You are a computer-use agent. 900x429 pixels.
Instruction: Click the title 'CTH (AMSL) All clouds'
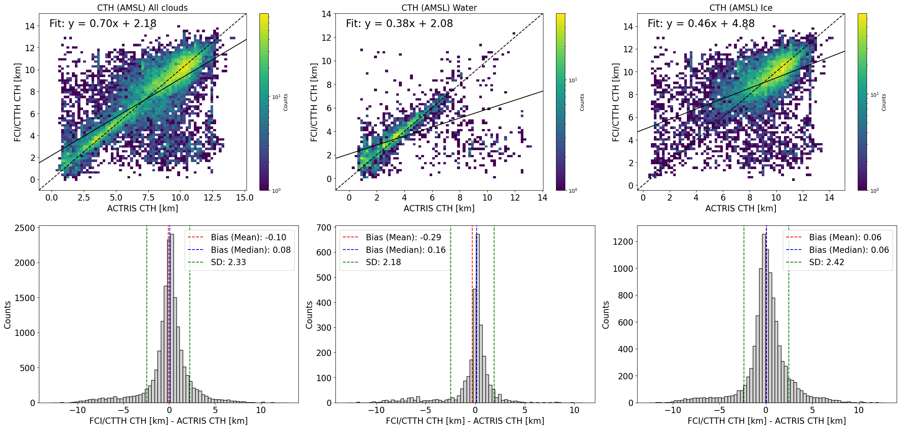point(142,8)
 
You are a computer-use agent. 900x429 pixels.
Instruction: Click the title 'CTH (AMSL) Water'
point(439,8)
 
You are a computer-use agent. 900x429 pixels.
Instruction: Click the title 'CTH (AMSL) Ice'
point(741,8)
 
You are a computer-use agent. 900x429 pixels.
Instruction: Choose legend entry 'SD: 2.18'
point(383,262)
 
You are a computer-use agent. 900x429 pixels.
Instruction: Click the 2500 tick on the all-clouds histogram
point(24,228)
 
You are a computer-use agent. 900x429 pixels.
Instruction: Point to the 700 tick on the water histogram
point(324,227)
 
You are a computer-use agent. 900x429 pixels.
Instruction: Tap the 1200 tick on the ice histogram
point(623,242)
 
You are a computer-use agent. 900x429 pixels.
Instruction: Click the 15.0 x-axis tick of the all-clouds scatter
point(245,198)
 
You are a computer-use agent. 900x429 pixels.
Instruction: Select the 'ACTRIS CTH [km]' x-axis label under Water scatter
point(439,208)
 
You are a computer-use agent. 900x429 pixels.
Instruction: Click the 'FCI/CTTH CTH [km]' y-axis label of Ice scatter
point(616,102)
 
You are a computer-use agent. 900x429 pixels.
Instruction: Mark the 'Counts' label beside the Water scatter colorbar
point(582,102)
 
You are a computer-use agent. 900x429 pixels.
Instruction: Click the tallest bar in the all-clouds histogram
point(172,319)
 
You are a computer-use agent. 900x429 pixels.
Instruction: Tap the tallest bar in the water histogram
point(477,319)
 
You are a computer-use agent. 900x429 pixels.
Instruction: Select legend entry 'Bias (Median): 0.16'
point(406,250)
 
